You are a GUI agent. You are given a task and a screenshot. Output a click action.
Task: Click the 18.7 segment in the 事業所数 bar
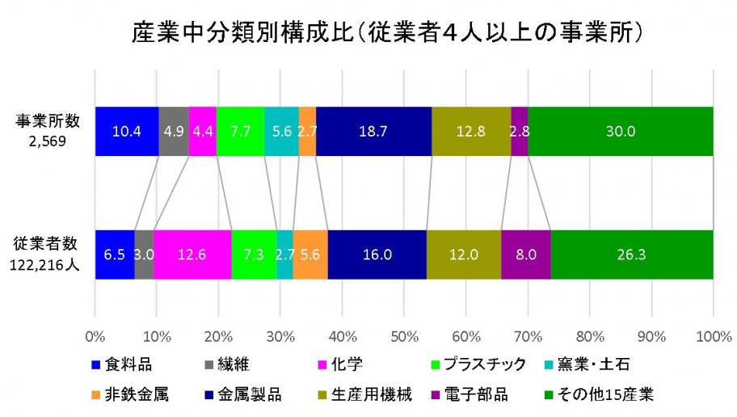coord(373,131)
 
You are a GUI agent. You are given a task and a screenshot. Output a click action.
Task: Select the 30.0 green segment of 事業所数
coord(621,131)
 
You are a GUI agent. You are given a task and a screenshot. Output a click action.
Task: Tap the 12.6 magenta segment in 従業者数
coord(192,255)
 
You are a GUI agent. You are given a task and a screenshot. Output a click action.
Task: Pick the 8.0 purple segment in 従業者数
coord(526,255)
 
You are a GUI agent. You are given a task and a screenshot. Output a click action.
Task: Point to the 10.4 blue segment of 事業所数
coord(127,131)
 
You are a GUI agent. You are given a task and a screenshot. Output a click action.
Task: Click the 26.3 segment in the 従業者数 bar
coord(632,255)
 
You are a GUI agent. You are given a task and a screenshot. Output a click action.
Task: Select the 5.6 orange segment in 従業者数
coord(310,255)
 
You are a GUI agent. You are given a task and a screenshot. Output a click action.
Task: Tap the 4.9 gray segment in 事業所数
coord(174,131)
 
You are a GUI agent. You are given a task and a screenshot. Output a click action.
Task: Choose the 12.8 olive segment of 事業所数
coord(471,131)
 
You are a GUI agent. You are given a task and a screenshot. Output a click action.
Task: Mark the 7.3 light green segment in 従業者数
coord(254,255)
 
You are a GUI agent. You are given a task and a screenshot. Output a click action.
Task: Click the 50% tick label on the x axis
coord(404,335)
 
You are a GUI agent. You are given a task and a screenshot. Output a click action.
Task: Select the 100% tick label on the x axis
coord(712,335)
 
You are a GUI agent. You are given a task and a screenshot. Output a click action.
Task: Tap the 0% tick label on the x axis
coord(95,335)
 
